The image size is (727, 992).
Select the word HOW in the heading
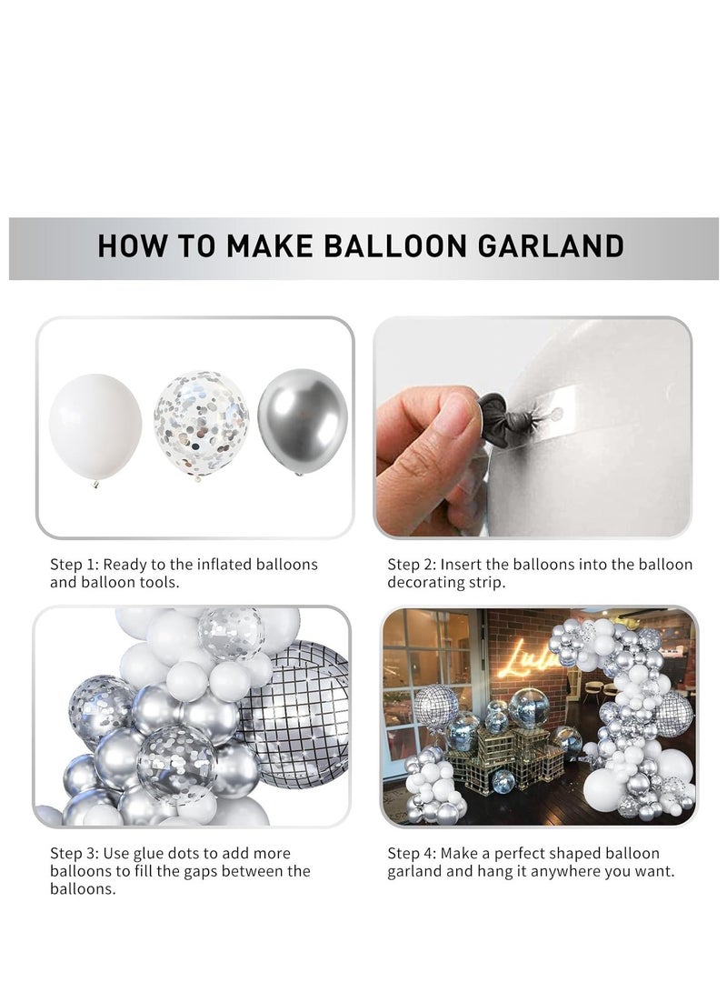(126, 246)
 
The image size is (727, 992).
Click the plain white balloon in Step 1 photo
(95, 426)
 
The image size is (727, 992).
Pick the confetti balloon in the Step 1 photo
(201, 423)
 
